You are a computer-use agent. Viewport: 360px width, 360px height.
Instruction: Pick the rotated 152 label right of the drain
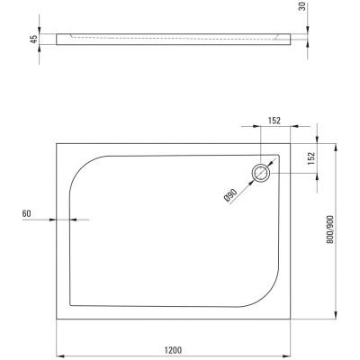pyautogui.click(x=312, y=159)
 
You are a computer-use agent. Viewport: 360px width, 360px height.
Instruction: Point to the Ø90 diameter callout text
pyautogui.click(x=230, y=193)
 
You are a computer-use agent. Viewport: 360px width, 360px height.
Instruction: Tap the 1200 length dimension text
pyautogui.click(x=175, y=349)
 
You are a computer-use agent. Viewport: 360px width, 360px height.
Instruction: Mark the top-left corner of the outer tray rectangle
pyautogui.click(x=57, y=142)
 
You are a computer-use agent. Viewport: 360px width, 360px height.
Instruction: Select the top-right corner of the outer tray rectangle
pyautogui.click(x=293, y=142)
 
